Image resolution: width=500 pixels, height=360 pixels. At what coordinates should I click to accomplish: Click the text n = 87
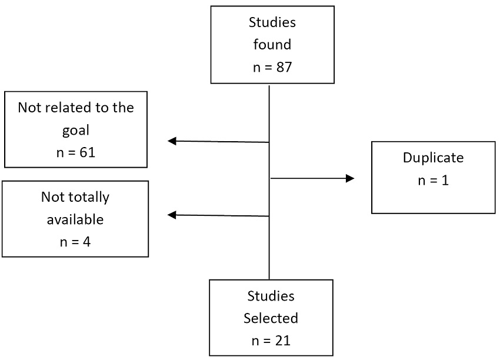272,67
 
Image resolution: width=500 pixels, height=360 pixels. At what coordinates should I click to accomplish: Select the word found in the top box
272,45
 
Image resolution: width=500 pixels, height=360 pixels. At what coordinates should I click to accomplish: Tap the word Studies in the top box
272,24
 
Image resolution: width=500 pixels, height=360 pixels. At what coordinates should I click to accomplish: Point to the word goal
75,130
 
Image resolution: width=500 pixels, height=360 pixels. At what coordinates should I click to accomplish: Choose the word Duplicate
433,158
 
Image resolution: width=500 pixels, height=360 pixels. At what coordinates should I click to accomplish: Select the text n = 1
433,180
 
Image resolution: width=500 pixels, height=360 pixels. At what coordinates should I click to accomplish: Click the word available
75,219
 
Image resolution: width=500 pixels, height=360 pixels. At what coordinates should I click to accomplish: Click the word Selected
271,318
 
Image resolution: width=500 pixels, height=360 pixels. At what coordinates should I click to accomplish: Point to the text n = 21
271,340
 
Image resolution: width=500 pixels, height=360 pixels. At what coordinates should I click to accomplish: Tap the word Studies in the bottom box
271,296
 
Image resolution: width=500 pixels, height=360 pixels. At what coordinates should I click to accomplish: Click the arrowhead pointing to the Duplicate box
351,178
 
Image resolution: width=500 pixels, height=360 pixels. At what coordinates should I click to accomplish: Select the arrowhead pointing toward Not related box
172,141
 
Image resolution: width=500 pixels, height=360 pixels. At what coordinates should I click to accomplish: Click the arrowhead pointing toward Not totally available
172,215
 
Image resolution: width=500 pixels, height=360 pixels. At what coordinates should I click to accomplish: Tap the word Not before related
29,108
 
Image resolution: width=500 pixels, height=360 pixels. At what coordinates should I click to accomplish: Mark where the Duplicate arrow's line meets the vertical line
269,178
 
